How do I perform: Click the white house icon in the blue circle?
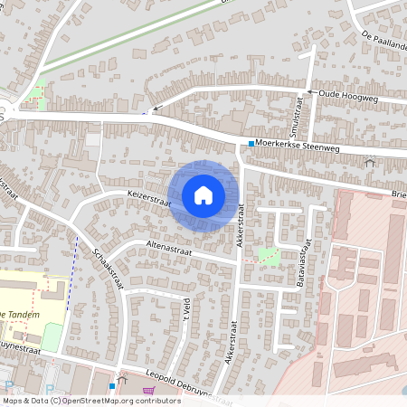[x=203, y=194]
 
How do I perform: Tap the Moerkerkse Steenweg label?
[x=298, y=143]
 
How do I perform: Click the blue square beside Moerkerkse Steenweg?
[x=251, y=144]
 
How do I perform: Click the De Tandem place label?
[x=17, y=313]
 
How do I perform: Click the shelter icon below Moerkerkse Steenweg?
[x=369, y=163]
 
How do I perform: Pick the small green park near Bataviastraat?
[x=269, y=255]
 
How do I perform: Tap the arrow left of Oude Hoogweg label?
[x=309, y=91]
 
